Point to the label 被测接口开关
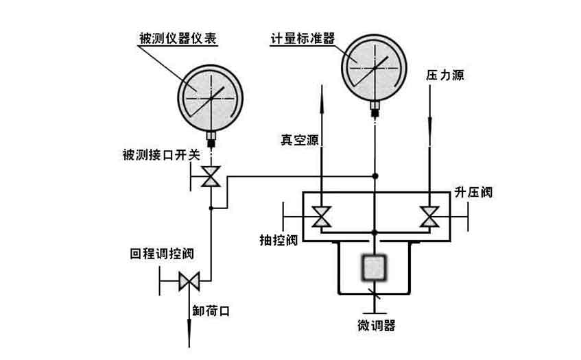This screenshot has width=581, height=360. pyautogui.click(x=158, y=156)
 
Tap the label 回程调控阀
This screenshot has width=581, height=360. pyautogui.click(x=160, y=254)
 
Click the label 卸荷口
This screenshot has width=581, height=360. pyautogui.click(x=210, y=311)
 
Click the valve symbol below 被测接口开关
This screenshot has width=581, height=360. pyautogui.click(x=211, y=178)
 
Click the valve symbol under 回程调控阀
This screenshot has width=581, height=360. pyautogui.click(x=188, y=281)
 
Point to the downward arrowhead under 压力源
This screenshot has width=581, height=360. pyautogui.click(x=429, y=127)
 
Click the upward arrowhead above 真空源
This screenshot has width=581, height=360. pyautogui.click(x=320, y=91)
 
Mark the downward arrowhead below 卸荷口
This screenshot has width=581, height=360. pyautogui.click(x=188, y=341)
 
